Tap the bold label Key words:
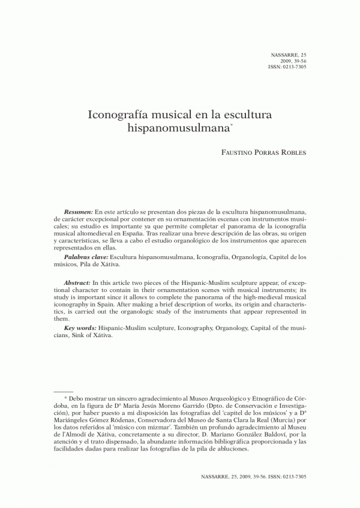pos(80,329)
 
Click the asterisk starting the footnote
pos(65,398)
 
